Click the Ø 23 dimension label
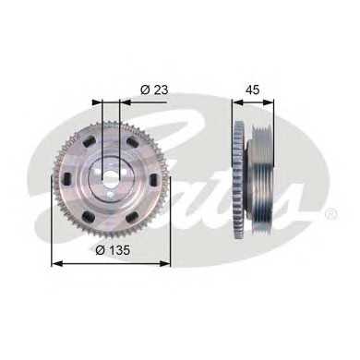[154, 90]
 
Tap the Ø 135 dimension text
[113, 250]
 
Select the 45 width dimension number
[252, 90]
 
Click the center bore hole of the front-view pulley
[110, 177]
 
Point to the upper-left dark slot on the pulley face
[89, 142]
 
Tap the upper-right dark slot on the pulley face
[133, 142]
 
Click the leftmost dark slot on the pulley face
[67, 179]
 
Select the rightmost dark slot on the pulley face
[153, 179]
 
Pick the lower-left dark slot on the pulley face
[90, 216]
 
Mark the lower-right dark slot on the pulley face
[132, 217]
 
